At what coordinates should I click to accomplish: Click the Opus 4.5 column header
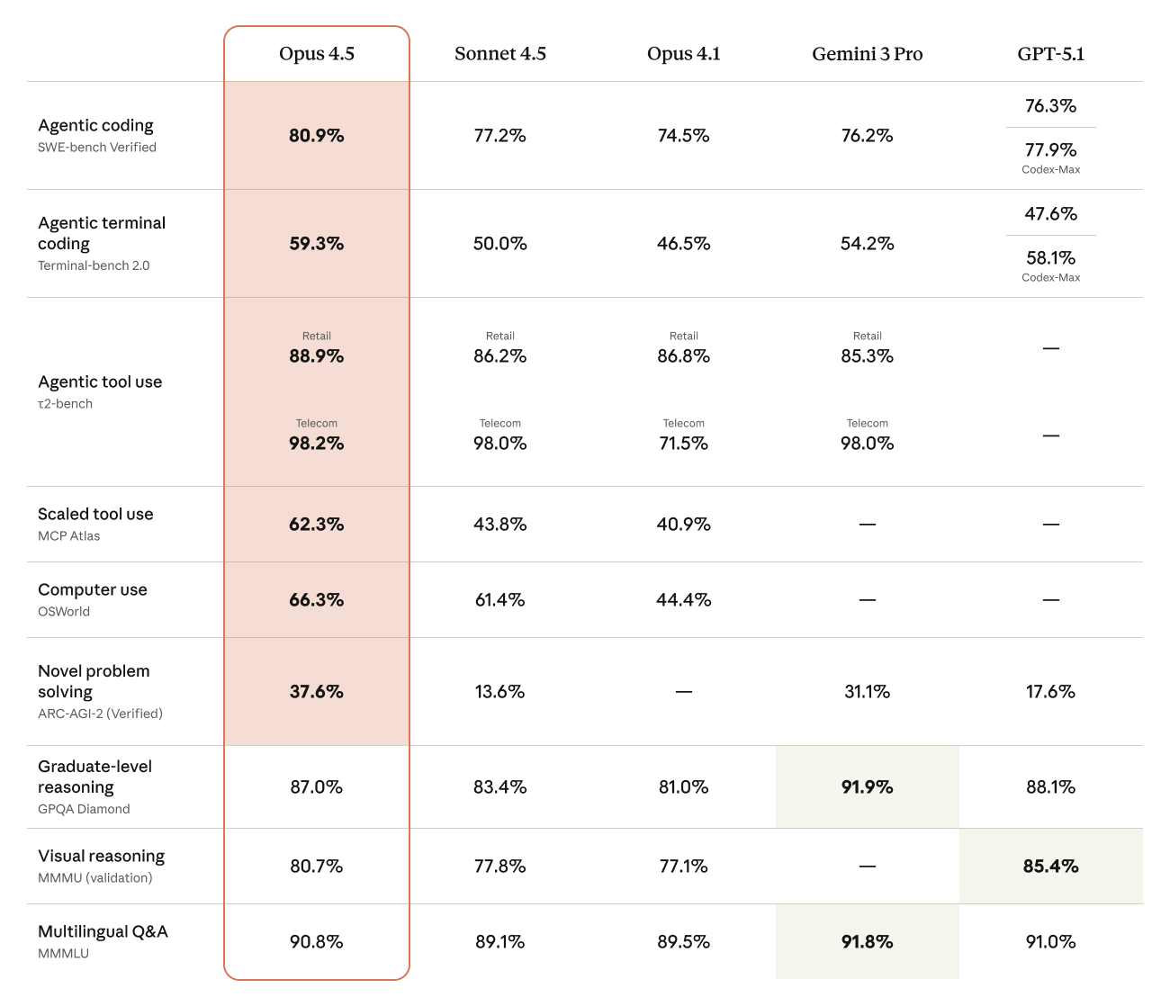317,54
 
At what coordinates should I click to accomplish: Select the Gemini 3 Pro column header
867,54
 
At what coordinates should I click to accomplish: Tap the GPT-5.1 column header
1050,54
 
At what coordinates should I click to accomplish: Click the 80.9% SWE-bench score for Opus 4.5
317,136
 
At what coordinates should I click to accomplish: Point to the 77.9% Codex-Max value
1050,150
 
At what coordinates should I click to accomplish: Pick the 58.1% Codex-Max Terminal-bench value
1050,258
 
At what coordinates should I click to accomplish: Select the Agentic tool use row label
100,382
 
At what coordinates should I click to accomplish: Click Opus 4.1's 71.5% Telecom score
683,444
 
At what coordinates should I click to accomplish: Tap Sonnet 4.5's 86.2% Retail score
499,356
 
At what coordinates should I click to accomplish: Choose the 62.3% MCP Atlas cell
317,525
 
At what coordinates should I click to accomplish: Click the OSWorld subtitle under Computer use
64,612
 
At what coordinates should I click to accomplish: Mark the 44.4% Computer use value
683,600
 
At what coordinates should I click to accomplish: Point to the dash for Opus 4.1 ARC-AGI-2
683,692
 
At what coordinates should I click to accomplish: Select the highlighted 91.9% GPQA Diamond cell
867,787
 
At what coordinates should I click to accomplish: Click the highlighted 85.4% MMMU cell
1050,867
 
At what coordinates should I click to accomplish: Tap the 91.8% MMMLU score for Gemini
867,942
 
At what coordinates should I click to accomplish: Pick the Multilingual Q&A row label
103,931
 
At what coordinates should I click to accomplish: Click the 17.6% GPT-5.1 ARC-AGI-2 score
1050,692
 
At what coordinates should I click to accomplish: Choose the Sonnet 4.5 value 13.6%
499,692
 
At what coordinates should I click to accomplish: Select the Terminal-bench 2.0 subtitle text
94,266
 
